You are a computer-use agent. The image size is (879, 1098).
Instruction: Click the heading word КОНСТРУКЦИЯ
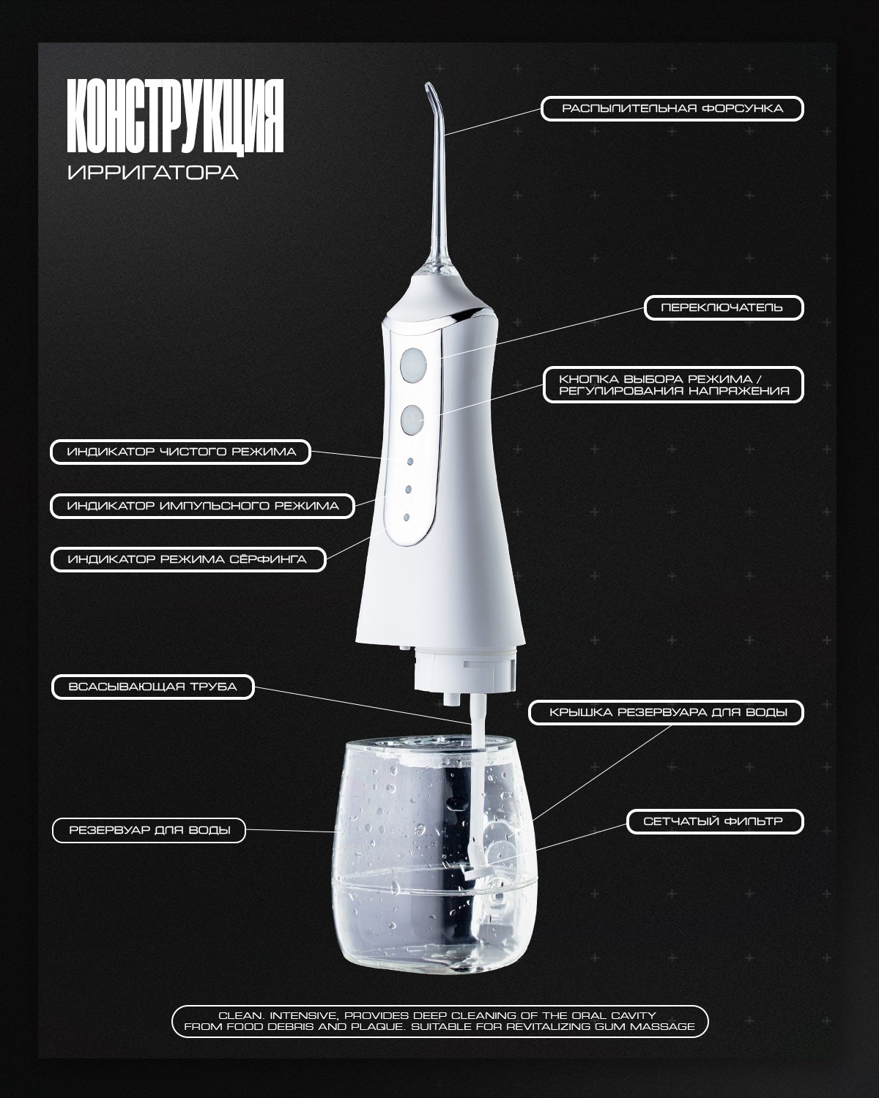175,116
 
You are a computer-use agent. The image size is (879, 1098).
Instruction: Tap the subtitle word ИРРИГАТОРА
153,173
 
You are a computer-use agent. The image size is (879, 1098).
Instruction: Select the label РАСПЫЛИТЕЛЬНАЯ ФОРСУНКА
672,108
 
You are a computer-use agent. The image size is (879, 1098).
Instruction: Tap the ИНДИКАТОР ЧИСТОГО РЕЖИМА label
181,452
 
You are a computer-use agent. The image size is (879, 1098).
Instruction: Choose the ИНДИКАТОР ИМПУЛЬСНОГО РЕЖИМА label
202,506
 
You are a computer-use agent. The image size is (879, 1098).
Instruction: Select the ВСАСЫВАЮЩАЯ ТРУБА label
152,687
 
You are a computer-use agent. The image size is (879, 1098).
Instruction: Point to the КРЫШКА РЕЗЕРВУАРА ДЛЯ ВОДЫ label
667,712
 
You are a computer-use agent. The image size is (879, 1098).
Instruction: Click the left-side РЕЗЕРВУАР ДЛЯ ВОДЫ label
149,830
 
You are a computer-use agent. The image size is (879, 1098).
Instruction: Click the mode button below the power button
412,420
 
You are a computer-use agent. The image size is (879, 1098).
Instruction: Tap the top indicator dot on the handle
409,461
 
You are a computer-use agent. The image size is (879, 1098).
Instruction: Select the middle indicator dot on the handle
408,489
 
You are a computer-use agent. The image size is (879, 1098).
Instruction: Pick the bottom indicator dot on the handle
407,518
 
